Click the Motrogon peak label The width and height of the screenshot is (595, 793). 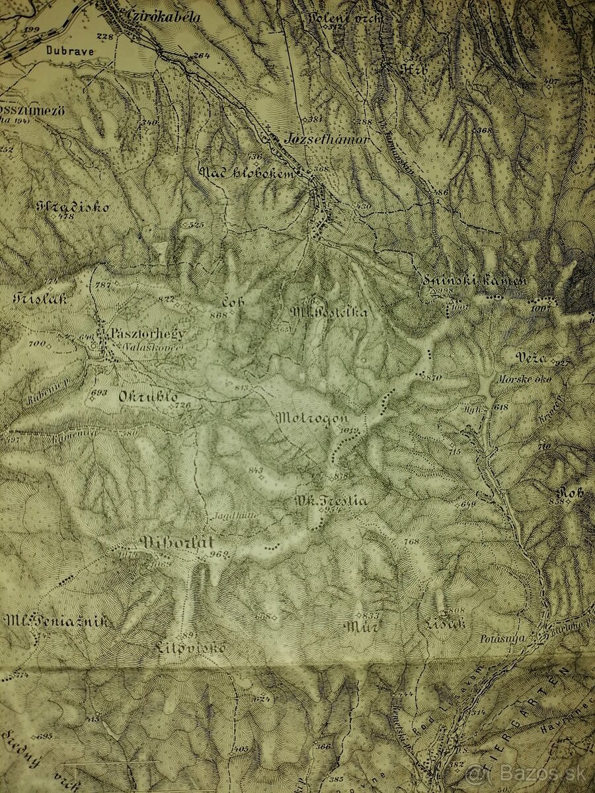click(x=311, y=418)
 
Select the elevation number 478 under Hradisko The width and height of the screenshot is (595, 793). click(x=65, y=217)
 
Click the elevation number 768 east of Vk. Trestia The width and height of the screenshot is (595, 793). click(x=411, y=542)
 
